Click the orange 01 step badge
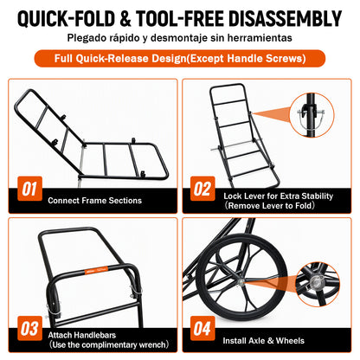pyautogui.click(x=29, y=189)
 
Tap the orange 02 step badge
pyautogui.click(x=202, y=189)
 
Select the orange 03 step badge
pyautogui.click(x=29, y=328)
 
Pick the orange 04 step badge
pyautogui.click(x=202, y=328)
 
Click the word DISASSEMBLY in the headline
pyautogui.click(x=285, y=19)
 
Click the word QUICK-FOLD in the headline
pyautogui.click(x=66, y=19)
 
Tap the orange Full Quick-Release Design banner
pyautogui.click(x=180, y=59)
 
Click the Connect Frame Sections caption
pyautogui.click(x=94, y=201)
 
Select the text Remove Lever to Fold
pyautogui.click(x=270, y=206)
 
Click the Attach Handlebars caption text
pyautogui.click(x=82, y=335)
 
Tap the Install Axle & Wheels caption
pyautogui.click(x=263, y=341)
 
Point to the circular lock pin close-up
pyautogui.click(x=312, y=115)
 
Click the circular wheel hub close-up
pyautogui.click(x=318, y=284)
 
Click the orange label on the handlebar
pyautogui.click(x=96, y=270)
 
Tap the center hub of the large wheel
pyautogui.click(x=241, y=281)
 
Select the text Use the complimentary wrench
pyautogui.click(x=108, y=344)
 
